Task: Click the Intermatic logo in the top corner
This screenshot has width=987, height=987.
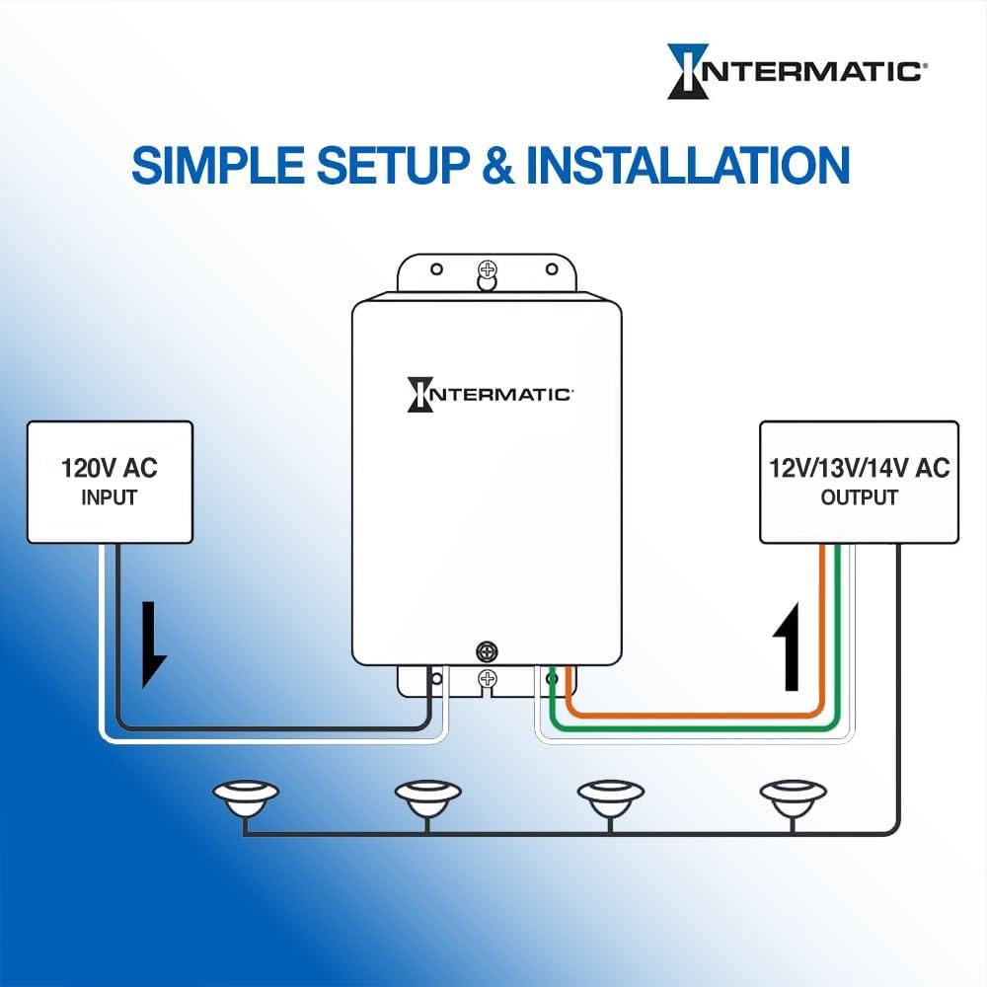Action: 796,71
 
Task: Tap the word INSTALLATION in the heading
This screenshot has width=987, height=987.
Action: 688,165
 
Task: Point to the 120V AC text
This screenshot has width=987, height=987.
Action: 109,468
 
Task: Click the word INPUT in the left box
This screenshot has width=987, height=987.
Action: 109,497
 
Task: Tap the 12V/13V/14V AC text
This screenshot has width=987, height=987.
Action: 859,468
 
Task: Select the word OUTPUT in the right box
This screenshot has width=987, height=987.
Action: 859,497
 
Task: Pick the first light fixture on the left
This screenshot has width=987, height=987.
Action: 246,797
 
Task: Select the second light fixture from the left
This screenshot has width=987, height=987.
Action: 427,797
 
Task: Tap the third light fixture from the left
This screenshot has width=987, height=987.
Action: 610,797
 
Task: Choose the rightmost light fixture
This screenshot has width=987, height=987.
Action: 793,797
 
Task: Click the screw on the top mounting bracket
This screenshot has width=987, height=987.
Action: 486,269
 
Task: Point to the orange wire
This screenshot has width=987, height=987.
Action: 691,712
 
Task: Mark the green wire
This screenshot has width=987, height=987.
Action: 691,730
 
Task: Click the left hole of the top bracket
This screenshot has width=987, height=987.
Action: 432,267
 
